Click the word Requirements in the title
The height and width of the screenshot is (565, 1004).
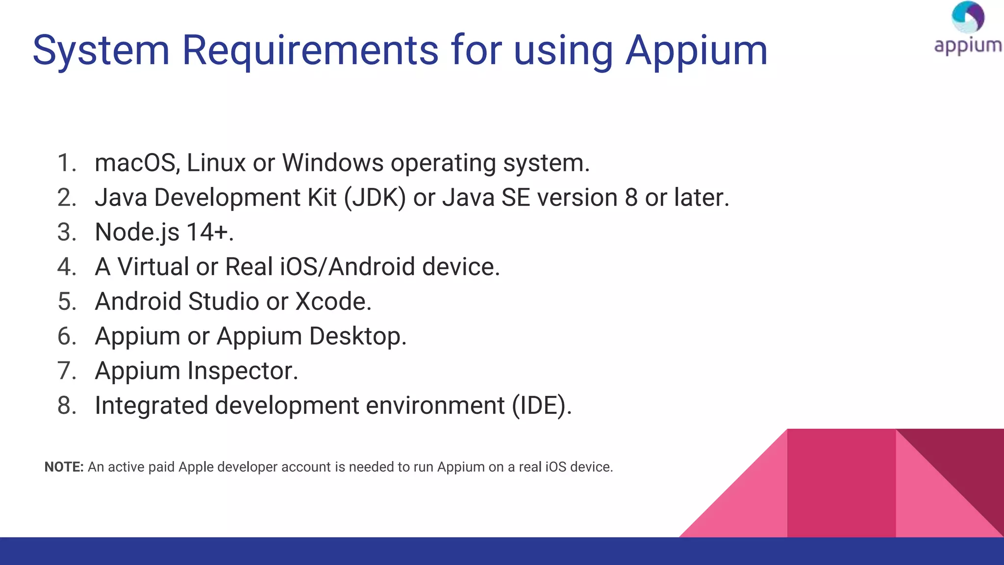point(310,50)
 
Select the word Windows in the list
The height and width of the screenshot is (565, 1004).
point(333,163)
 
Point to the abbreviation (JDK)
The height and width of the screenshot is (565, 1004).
point(375,198)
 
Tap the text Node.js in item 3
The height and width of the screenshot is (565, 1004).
point(137,232)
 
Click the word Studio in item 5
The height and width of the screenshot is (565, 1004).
point(224,302)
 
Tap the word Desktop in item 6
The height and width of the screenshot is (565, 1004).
point(358,336)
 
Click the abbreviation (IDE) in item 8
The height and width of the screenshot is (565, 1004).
point(541,406)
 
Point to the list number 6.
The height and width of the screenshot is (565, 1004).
point(67,336)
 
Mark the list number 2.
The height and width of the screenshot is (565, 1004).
point(67,198)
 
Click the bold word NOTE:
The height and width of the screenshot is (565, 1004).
point(64,467)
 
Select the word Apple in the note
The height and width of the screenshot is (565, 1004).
point(196,467)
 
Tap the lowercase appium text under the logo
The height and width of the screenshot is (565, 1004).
point(968,46)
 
